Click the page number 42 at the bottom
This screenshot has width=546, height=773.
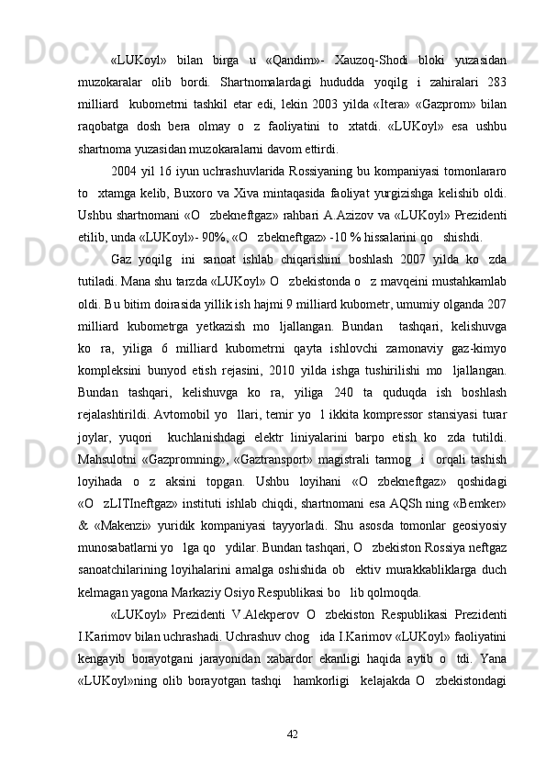(x=294, y=733)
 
